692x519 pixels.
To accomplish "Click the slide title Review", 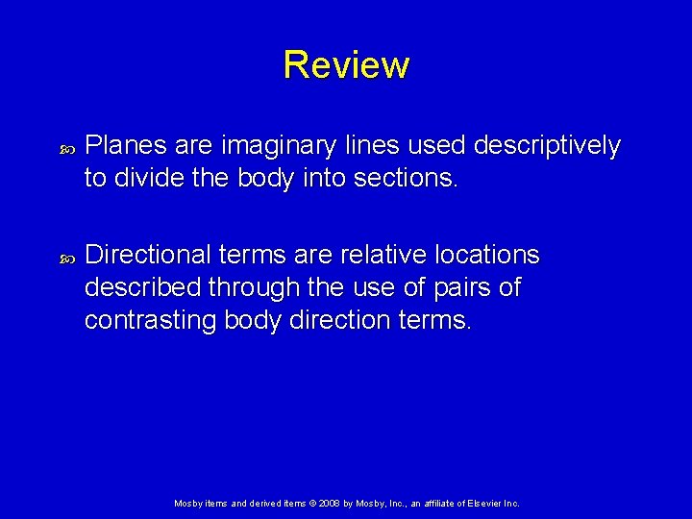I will [x=346, y=65].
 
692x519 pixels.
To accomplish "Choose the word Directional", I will [x=146, y=256].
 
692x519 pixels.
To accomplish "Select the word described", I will [x=144, y=287].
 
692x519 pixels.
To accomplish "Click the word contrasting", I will [x=151, y=320].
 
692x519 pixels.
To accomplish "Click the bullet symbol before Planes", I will [x=66, y=148].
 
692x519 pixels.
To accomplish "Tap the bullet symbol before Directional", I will [x=66, y=258].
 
